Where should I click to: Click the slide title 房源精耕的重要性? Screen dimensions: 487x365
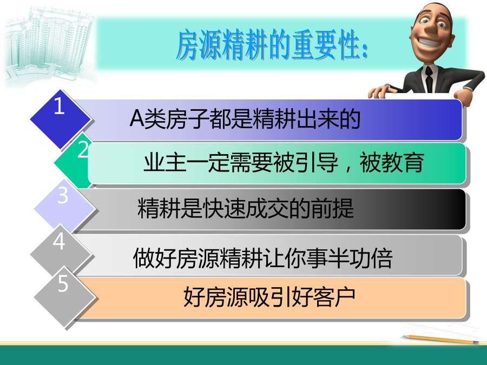point(272,45)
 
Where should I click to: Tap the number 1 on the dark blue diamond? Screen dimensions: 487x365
point(59,106)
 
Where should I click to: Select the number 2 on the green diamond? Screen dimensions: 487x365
point(83,149)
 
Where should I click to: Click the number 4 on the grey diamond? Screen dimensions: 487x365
point(59,241)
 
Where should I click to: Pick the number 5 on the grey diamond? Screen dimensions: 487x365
point(63,283)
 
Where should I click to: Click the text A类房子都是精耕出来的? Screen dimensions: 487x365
point(245,118)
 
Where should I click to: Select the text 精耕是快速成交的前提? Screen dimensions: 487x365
point(245,208)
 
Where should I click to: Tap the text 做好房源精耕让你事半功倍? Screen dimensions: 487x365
point(263,258)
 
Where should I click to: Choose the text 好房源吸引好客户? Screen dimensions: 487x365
point(269,297)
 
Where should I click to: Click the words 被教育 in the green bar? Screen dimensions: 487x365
point(392,162)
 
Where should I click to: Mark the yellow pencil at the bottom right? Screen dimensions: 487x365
point(440,339)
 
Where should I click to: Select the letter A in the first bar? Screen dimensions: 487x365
point(137,118)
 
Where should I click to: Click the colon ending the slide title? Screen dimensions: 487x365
point(364,50)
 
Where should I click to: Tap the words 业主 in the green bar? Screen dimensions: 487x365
point(164,162)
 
